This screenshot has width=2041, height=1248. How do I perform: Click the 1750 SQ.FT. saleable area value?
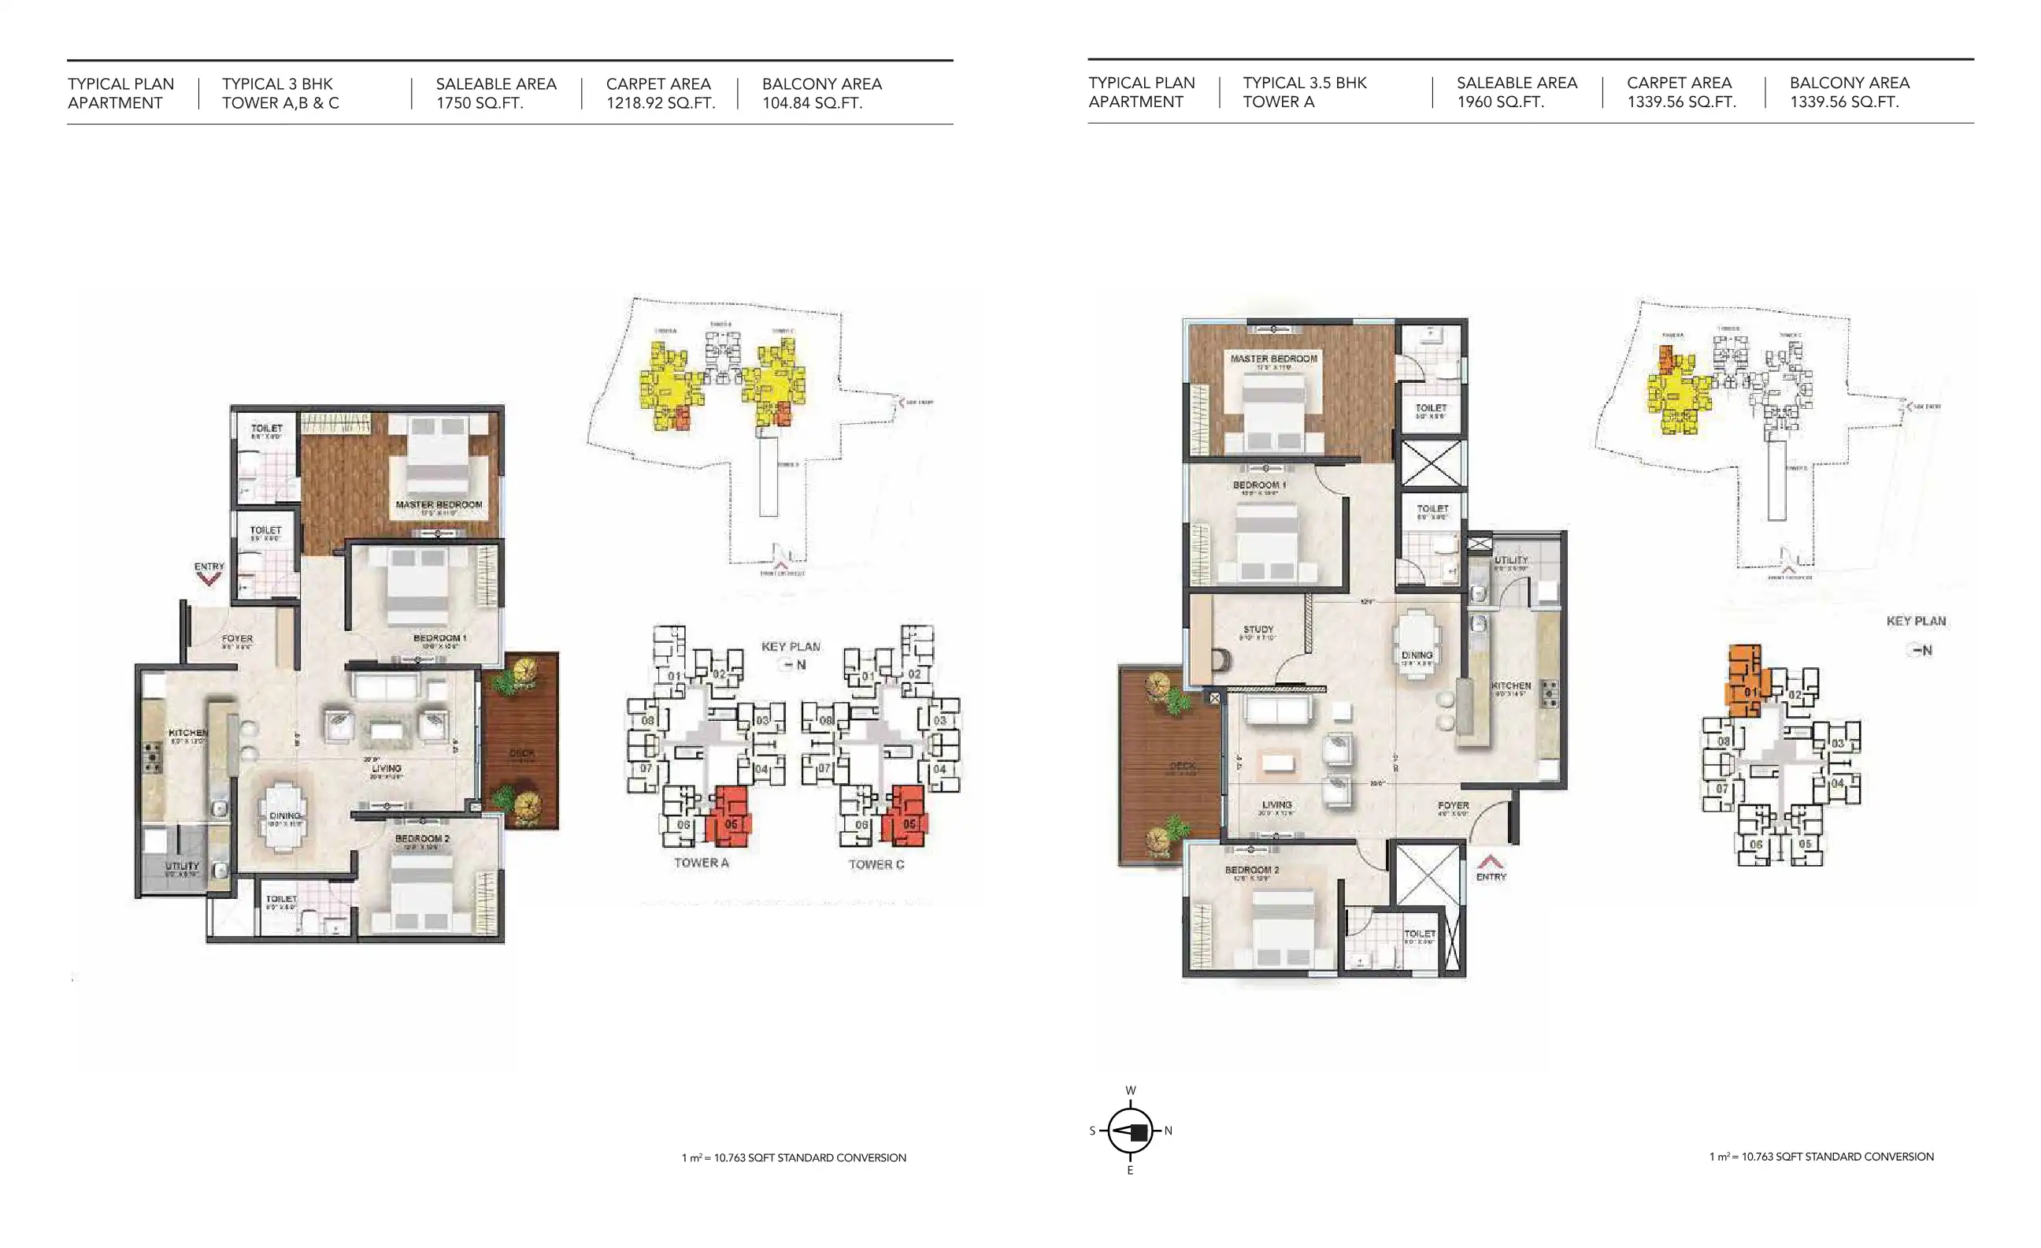coord(480,103)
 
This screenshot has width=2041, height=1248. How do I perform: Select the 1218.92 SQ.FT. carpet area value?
coord(660,103)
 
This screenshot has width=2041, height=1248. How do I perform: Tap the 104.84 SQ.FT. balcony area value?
coord(812,103)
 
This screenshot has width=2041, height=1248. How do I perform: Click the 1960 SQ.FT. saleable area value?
coord(1500,102)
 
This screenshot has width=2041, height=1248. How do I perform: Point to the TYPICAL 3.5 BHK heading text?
coord(1304,83)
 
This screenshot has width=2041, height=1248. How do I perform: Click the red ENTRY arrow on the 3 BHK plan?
coord(209,579)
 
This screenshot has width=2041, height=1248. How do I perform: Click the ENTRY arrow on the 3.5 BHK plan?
coord(1490,862)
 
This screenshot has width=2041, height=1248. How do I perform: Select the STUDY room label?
coord(1258,630)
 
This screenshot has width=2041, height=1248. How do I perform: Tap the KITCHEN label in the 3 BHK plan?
coord(188,734)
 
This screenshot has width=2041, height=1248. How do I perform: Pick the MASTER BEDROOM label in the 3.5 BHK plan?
coord(1273,358)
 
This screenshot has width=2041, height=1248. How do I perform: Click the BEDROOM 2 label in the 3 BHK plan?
coord(421,838)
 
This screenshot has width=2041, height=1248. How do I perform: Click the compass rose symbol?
coord(1130,1131)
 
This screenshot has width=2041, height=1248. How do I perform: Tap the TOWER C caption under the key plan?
coord(876,864)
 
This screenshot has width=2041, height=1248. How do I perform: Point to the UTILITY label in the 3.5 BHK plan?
coord(1511,560)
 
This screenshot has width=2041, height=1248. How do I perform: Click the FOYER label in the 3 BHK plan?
coord(237,639)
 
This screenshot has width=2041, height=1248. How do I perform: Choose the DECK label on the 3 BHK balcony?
coord(521,753)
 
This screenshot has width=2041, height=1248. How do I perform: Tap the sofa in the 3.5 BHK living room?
coord(1276,710)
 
